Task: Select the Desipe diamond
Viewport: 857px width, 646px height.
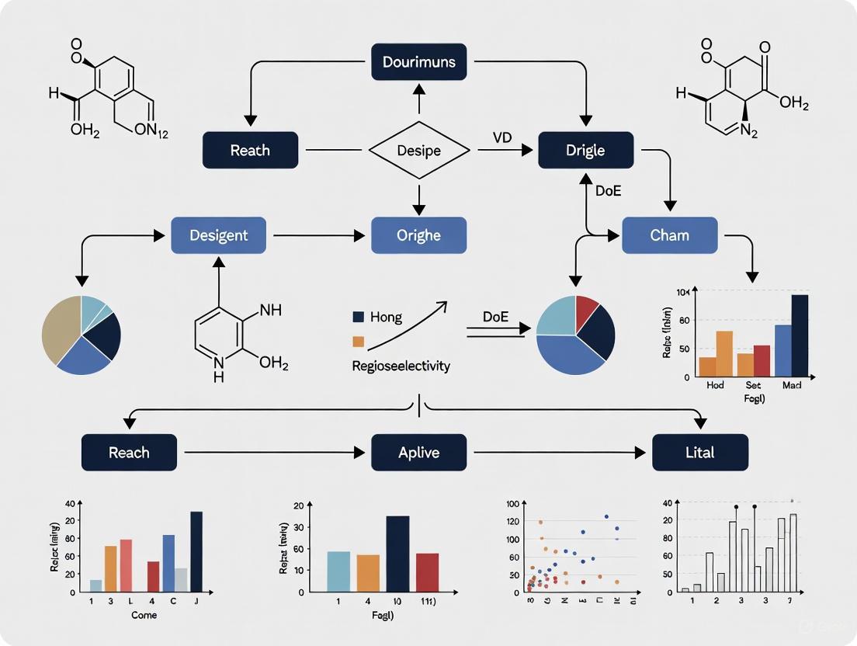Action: click(419, 150)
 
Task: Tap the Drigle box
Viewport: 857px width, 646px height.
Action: click(585, 150)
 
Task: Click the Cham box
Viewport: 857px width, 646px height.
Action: click(669, 234)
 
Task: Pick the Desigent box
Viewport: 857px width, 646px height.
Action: click(218, 234)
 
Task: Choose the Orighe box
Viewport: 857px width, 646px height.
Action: click(419, 234)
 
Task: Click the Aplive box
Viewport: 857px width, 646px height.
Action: click(419, 452)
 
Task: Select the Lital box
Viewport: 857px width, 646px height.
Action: click(699, 452)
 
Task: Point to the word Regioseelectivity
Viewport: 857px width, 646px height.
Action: click(401, 366)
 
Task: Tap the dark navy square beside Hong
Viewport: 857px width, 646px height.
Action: click(358, 318)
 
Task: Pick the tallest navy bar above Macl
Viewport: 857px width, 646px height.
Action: click(800, 335)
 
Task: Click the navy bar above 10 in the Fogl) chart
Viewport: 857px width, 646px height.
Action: click(397, 554)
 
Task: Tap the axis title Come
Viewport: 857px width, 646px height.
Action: click(144, 615)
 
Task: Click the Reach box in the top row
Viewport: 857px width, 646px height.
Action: click(250, 150)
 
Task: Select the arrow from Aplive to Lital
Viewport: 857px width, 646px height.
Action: click(559, 452)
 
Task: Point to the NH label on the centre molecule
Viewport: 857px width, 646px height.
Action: click(270, 310)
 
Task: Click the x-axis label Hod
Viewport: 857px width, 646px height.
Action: click(715, 385)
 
